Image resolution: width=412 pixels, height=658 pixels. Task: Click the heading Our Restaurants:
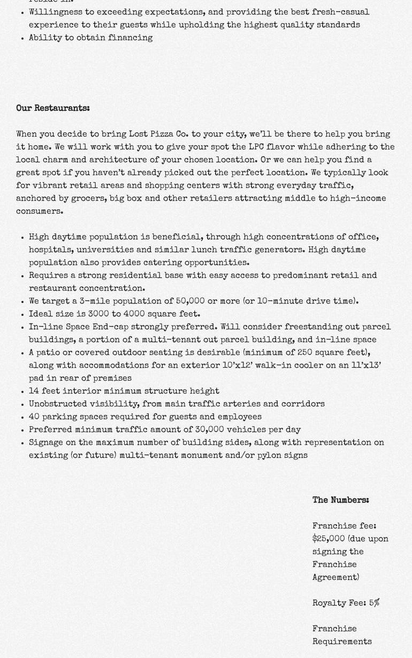52,108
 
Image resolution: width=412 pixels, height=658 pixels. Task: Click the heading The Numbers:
340,500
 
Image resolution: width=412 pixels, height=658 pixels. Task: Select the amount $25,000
329,539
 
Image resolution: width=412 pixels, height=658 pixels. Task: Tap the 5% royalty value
374,603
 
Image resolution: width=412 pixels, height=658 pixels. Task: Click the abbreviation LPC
256,147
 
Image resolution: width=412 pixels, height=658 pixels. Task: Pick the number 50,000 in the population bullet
190,301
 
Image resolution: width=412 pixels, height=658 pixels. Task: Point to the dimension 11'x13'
366,365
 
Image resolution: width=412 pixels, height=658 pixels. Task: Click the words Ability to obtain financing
90,38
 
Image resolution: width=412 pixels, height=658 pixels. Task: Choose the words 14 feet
44,391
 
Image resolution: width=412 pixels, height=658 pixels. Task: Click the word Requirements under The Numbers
342,641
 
